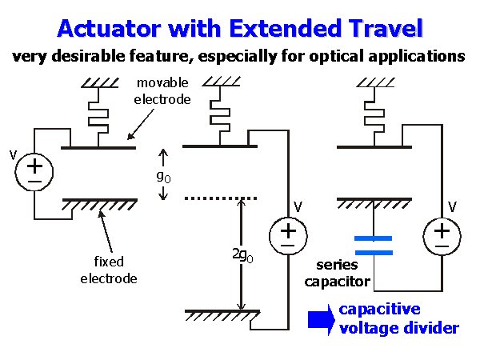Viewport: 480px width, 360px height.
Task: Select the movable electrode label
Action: coord(162,91)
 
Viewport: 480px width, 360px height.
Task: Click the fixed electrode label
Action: coord(108,270)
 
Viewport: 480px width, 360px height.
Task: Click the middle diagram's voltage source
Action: coord(286,234)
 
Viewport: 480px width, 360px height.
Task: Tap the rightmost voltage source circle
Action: coord(441,234)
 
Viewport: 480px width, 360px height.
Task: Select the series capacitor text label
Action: coord(343,273)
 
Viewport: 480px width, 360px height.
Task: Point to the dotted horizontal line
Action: coord(220,198)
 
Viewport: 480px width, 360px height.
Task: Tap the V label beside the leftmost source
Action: coord(12,152)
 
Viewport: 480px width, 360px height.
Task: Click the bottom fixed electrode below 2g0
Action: coord(222,311)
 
